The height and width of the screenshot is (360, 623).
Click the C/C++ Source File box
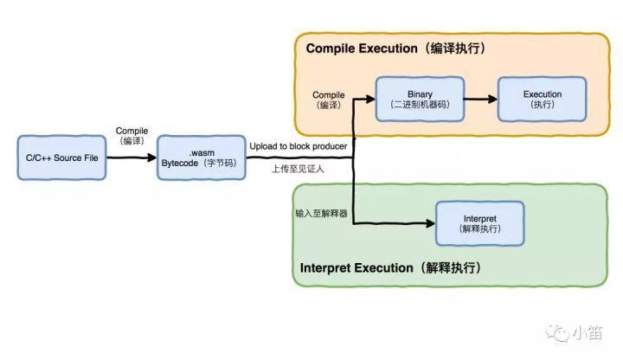click(61, 157)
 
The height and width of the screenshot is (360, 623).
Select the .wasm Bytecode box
click(202, 157)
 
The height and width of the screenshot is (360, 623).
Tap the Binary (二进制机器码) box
click(419, 99)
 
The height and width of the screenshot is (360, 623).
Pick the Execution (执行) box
click(543, 99)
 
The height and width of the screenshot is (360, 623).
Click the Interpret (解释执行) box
click(479, 223)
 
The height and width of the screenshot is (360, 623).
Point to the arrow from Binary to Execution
click(481, 99)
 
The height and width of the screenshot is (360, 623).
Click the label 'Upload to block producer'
click(299, 146)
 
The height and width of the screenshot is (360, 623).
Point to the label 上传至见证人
click(299, 169)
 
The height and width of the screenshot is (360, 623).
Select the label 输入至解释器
click(322, 213)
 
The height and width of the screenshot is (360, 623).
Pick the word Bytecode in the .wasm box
click(182, 163)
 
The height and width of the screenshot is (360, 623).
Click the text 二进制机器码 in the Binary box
click(419, 105)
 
